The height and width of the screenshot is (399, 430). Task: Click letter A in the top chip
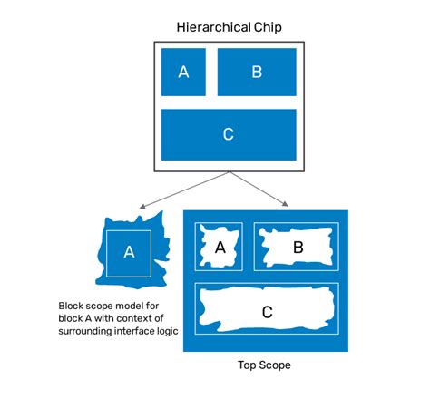(183, 73)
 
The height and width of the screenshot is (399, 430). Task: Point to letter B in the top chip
(257, 73)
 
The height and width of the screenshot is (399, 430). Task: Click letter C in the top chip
(228, 134)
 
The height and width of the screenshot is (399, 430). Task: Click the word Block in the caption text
(73, 306)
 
